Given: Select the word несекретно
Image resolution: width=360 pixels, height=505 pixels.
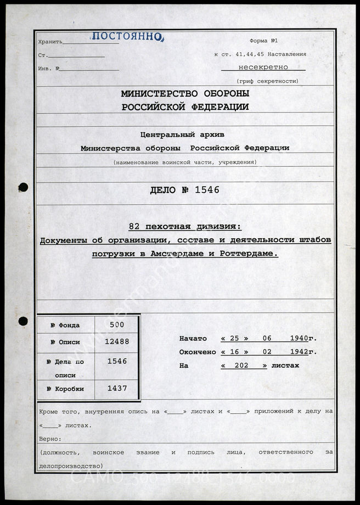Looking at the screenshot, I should pyautogui.click(x=263, y=68).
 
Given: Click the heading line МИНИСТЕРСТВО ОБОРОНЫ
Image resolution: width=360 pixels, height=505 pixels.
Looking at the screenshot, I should pyautogui.click(x=185, y=94).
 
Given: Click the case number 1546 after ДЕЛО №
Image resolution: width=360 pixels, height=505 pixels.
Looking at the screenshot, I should pyautogui.click(x=207, y=190).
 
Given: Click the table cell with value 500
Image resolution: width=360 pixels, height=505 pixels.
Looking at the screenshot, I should pyautogui.click(x=117, y=324).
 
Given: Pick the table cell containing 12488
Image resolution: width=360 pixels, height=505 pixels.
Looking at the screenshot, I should pyautogui.click(x=117, y=342).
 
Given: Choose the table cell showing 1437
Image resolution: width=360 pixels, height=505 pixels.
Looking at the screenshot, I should pyautogui.click(x=117, y=388).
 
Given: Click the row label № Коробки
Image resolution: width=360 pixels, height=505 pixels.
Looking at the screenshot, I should pyautogui.click(x=65, y=389).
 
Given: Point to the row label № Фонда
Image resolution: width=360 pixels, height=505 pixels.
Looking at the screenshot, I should pyautogui.click(x=65, y=326).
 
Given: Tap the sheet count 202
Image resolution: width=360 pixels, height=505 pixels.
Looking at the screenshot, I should pyautogui.click(x=244, y=366).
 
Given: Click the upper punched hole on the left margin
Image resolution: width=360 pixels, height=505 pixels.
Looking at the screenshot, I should pyautogui.click(x=22, y=187).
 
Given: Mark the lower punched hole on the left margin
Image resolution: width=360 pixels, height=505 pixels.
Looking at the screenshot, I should pyautogui.click(x=22, y=321).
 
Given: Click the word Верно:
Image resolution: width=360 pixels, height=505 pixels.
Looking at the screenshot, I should pyautogui.click(x=50, y=439).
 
